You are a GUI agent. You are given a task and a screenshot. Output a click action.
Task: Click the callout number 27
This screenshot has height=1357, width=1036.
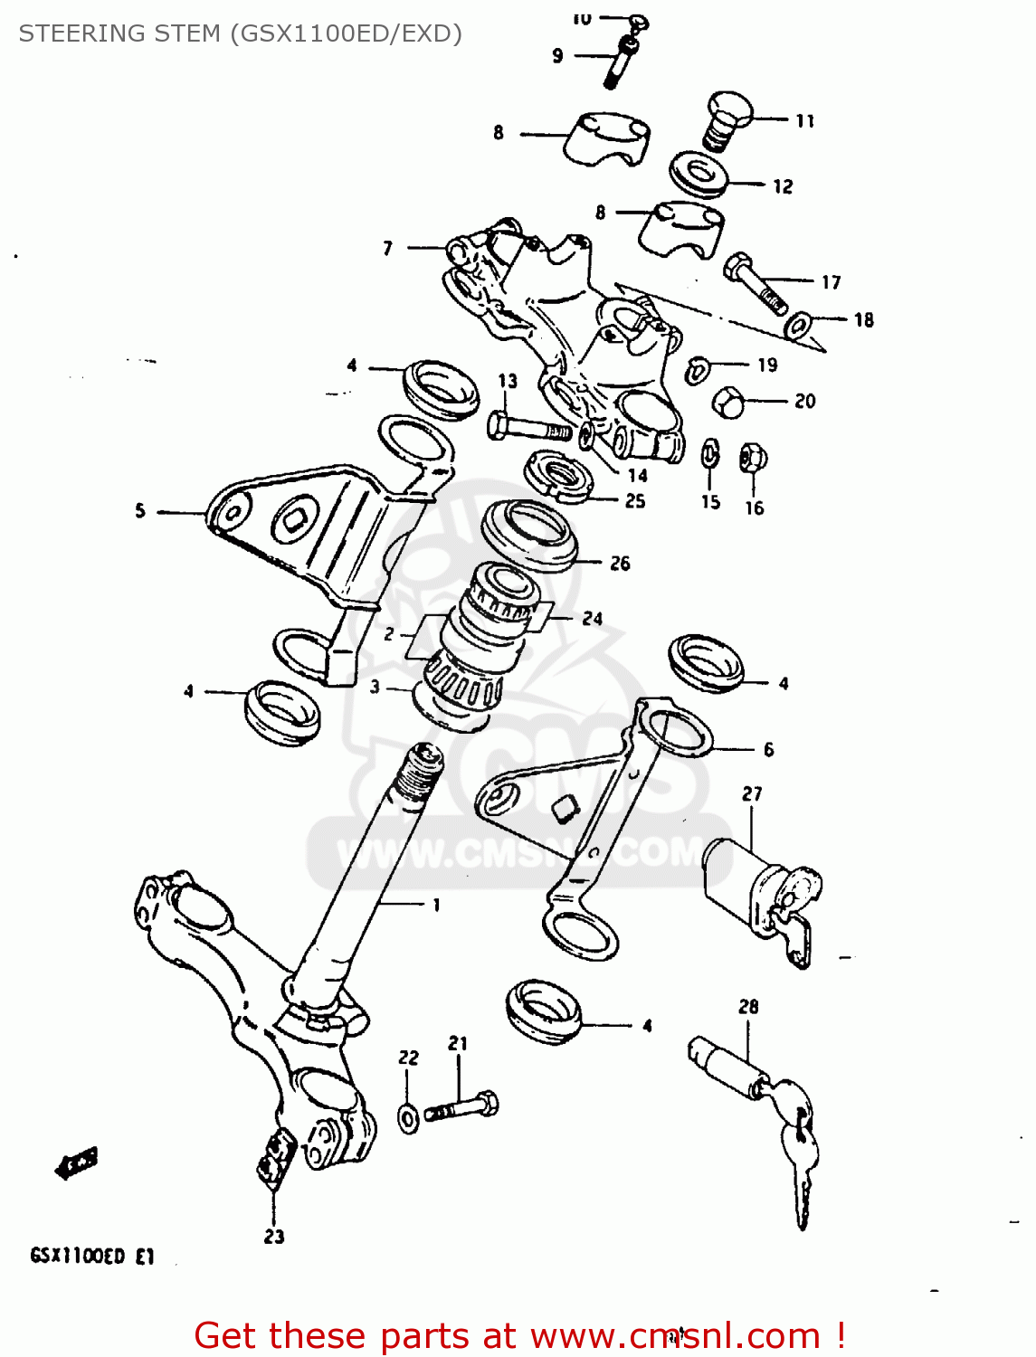tap(752, 794)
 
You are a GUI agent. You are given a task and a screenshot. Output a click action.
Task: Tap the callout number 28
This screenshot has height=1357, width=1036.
tap(748, 1007)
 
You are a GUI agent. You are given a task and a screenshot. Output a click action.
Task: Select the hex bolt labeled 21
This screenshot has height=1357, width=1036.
tap(462, 1106)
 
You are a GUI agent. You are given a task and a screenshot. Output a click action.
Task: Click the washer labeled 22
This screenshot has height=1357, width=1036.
tap(409, 1119)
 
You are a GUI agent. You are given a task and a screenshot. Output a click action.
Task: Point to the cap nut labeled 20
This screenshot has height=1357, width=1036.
tap(729, 402)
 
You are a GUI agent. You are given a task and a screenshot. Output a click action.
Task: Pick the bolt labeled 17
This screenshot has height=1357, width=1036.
tap(755, 281)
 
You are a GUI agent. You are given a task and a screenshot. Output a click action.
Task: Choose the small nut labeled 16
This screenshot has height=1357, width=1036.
tap(752, 459)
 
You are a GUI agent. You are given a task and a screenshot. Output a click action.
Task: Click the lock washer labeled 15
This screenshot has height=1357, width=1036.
tap(710, 455)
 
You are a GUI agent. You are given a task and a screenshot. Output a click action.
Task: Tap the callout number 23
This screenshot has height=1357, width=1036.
tap(274, 1236)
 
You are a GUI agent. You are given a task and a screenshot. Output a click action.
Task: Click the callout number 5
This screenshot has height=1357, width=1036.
tap(140, 511)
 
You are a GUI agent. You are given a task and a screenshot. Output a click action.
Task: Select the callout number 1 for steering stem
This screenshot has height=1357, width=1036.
tap(436, 905)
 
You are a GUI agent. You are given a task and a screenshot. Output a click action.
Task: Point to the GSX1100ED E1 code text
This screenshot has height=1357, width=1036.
tap(92, 1256)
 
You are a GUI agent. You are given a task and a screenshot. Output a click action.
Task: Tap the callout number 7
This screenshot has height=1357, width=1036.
tap(387, 248)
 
